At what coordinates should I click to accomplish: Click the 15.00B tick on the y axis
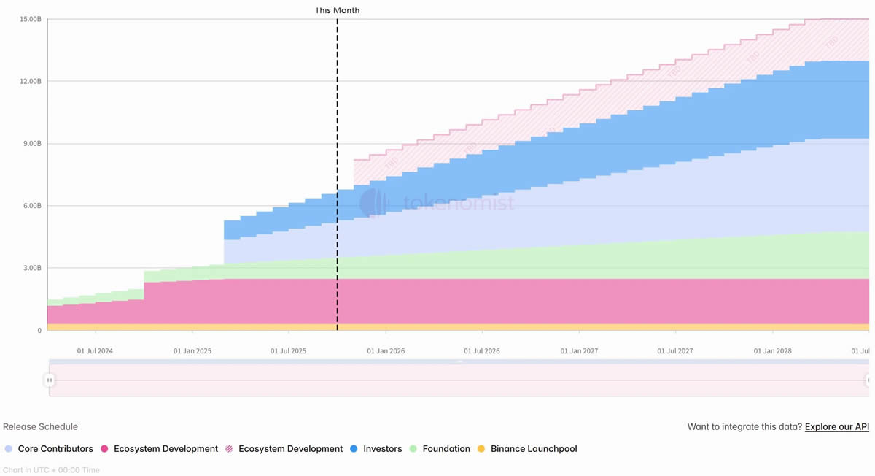click(x=30, y=19)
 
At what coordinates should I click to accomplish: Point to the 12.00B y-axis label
click(x=30, y=81)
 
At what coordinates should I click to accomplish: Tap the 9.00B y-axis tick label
click(x=32, y=144)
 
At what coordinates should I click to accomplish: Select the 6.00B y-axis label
click(x=32, y=206)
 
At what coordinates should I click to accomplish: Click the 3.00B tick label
click(x=32, y=268)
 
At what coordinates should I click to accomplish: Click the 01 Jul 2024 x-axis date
click(x=96, y=351)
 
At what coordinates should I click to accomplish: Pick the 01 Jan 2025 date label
click(x=192, y=351)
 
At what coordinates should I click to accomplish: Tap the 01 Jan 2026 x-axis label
click(x=386, y=351)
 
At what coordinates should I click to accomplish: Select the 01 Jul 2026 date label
click(x=482, y=351)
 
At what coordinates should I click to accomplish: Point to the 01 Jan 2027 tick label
click(x=579, y=351)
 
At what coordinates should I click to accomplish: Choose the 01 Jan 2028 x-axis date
click(x=772, y=351)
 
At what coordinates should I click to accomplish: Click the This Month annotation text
click(x=337, y=11)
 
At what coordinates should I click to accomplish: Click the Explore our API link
click(x=836, y=427)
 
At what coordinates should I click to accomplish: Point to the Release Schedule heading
click(x=40, y=427)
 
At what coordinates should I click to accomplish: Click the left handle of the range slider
click(x=50, y=380)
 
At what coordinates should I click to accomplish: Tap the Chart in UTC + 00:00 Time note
click(x=51, y=470)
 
